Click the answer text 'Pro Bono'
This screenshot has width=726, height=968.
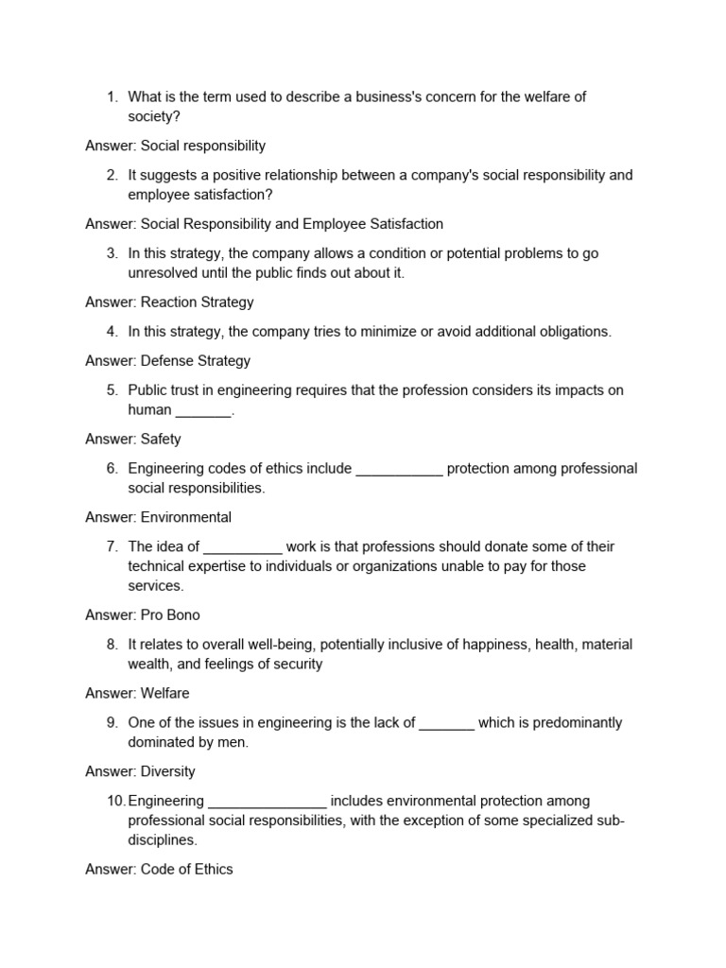[x=170, y=615]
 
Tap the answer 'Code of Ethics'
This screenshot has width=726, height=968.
[x=186, y=870]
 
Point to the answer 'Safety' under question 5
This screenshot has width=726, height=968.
[x=161, y=440]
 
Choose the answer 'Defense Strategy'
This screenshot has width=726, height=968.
[x=196, y=361]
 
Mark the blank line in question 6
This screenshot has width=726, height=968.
[x=399, y=470]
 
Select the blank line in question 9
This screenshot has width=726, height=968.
[x=446, y=724]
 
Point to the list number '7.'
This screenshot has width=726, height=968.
[x=112, y=547]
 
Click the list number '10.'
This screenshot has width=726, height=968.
[x=115, y=802]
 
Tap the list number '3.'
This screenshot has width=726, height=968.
[x=112, y=253]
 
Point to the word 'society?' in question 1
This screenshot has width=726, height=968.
[x=154, y=116]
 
